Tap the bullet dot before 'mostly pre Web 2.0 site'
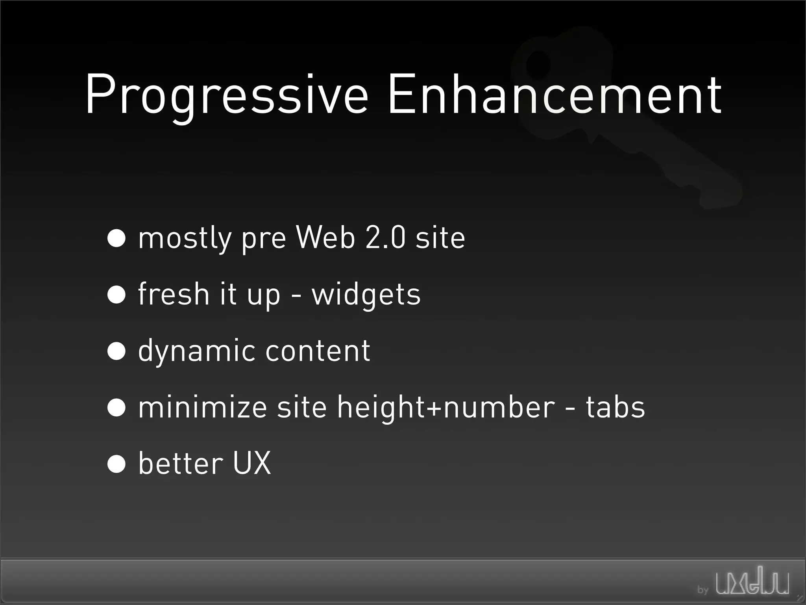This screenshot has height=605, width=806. pyautogui.click(x=116, y=238)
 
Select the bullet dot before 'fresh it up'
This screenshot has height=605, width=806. pyautogui.click(x=116, y=294)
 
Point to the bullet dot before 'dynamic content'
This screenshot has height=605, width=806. pyautogui.click(x=116, y=351)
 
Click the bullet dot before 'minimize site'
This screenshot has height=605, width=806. pyautogui.click(x=116, y=407)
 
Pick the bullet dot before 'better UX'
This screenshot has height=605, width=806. pyautogui.click(x=116, y=463)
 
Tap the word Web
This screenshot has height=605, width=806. pyautogui.click(x=325, y=238)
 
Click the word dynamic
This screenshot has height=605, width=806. pyautogui.click(x=196, y=351)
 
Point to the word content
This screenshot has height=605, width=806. pyautogui.click(x=318, y=351)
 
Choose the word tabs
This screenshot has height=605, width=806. pyautogui.click(x=615, y=407)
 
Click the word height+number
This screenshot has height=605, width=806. pyautogui.click(x=446, y=408)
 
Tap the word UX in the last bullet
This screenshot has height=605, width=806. pyautogui.click(x=252, y=463)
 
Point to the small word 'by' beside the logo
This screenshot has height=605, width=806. pyautogui.click(x=702, y=590)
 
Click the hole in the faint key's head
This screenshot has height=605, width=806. pyautogui.click(x=538, y=63)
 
